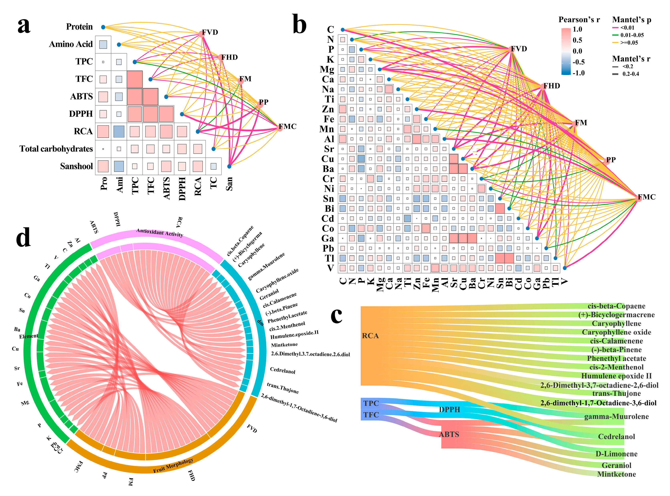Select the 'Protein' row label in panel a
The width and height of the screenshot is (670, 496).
(x=79, y=27)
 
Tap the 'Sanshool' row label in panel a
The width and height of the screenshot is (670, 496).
(x=76, y=166)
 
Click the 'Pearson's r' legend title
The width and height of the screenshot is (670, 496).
(x=579, y=20)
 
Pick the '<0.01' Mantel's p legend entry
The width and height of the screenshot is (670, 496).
(x=627, y=28)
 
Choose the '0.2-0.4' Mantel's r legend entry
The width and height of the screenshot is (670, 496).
(x=630, y=74)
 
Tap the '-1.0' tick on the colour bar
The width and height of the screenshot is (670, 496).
(x=578, y=73)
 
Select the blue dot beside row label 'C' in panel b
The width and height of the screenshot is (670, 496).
(x=342, y=30)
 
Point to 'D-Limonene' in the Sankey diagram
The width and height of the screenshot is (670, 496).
(x=616, y=454)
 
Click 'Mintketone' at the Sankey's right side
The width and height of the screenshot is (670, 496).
(x=616, y=474)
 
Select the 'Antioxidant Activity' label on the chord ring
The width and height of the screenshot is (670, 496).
(x=160, y=232)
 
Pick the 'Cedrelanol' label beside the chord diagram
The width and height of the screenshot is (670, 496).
(x=283, y=371)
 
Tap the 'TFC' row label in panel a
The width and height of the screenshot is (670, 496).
(x=84, y=79)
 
